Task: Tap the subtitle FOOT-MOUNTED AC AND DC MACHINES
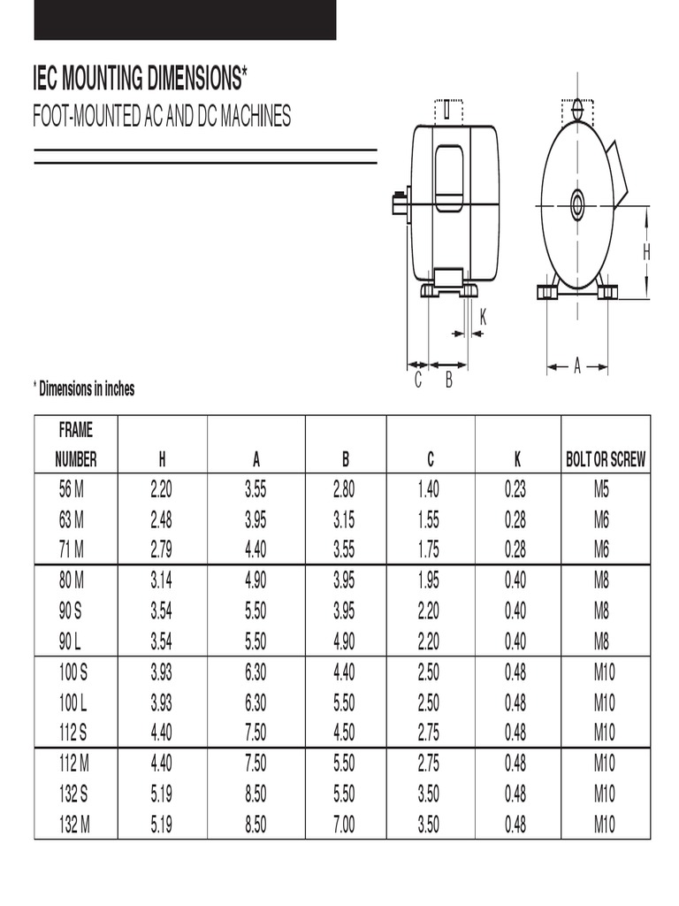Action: click(x=162, y=117)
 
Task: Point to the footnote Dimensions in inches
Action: click(x=84, y=388)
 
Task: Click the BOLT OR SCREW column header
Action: click(x=605, y=459)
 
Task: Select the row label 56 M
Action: click(x=72, y=489)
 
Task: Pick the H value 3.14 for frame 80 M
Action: click(x=161, y=580)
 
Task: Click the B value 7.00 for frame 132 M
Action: click(x=344, y=825)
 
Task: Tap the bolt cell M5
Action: click(x=602, y=489)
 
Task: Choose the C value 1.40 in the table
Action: click(x=428, y=489)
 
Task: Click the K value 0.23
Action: click(x=515, y=489)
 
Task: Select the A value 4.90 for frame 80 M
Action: click(x=256, y=580)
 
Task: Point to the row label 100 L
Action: click(x=73, y=703)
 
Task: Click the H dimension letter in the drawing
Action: click(x=646, y=253)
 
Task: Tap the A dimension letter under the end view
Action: click(x=577, y=365)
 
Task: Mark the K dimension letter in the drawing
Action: click(x=483, y=317)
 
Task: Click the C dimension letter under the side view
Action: click(x=418, y=381)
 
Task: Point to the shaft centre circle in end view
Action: click(x=577, y=206)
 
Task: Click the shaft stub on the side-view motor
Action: click(x=399, y=203)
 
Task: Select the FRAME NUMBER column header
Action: click(x=76, y=445)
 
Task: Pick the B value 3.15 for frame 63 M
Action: click(x=344, y=519)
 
